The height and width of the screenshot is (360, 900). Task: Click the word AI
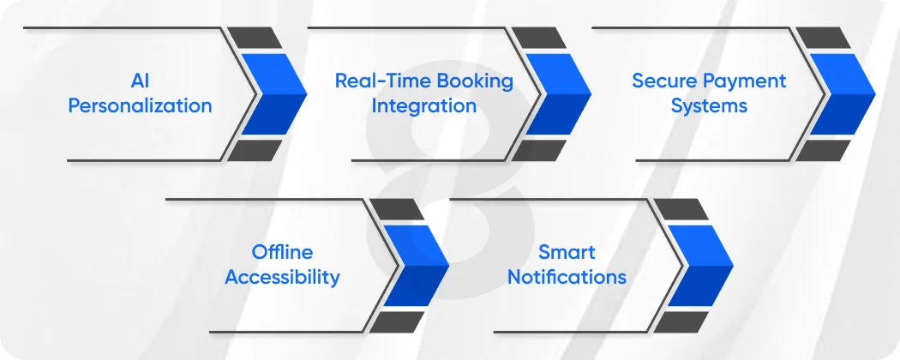(140, 81)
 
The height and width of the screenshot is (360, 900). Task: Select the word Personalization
(140, 106)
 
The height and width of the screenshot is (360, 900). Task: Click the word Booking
(475, 81)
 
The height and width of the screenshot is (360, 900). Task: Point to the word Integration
(424, 106)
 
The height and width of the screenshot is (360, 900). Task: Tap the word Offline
(282, 252)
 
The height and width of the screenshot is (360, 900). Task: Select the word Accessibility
(282, 277)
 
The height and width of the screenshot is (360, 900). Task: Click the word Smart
(567, 252)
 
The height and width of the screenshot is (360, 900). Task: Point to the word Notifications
(567, 277)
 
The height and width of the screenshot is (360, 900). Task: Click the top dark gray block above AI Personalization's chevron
(253, 38)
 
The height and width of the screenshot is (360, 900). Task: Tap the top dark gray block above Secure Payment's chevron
(822, 38)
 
